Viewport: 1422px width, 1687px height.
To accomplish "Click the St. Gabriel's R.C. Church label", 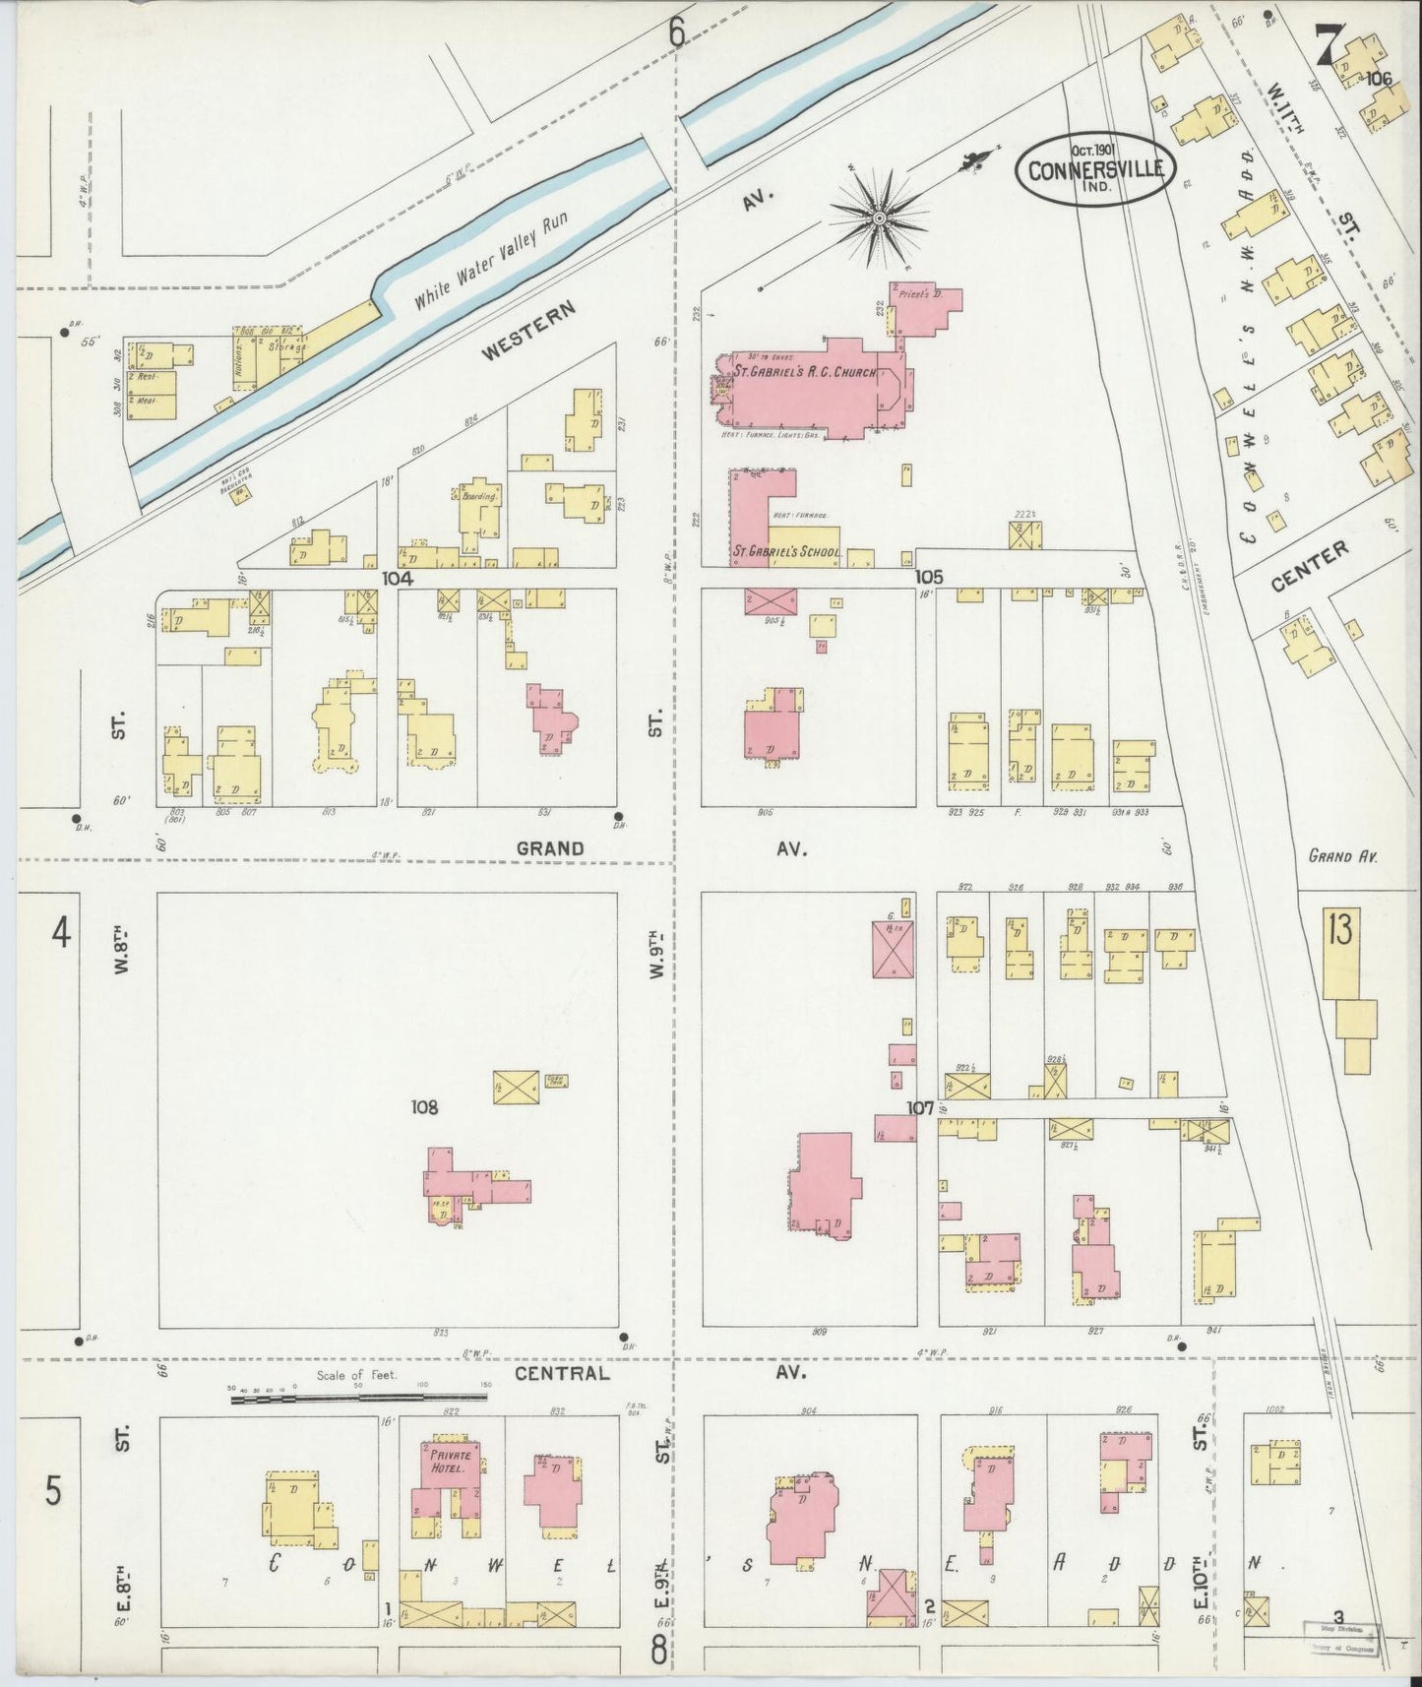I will [x=795, y=373].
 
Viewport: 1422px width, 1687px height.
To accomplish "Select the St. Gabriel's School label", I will [x=785, y=553].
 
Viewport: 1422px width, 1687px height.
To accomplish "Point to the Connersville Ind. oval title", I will [x=1096, y=168].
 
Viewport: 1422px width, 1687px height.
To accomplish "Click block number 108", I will [x=424, y=1108].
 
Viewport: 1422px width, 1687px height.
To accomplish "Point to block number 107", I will [x=920, y=1108].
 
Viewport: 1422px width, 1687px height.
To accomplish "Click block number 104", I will [x=397, y=579].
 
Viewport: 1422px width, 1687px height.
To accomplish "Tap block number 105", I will [x=929, y=577].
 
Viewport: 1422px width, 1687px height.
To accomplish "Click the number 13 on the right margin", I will [x=1339, y=930].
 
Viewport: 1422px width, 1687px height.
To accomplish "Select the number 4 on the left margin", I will [x=61, y=932].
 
